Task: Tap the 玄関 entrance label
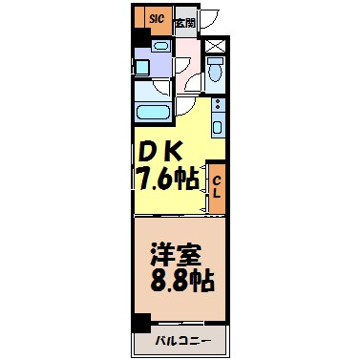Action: (185, 20)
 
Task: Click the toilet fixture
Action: (216, 71)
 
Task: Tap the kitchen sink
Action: (218, 126)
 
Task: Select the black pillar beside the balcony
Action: (141, 323)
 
